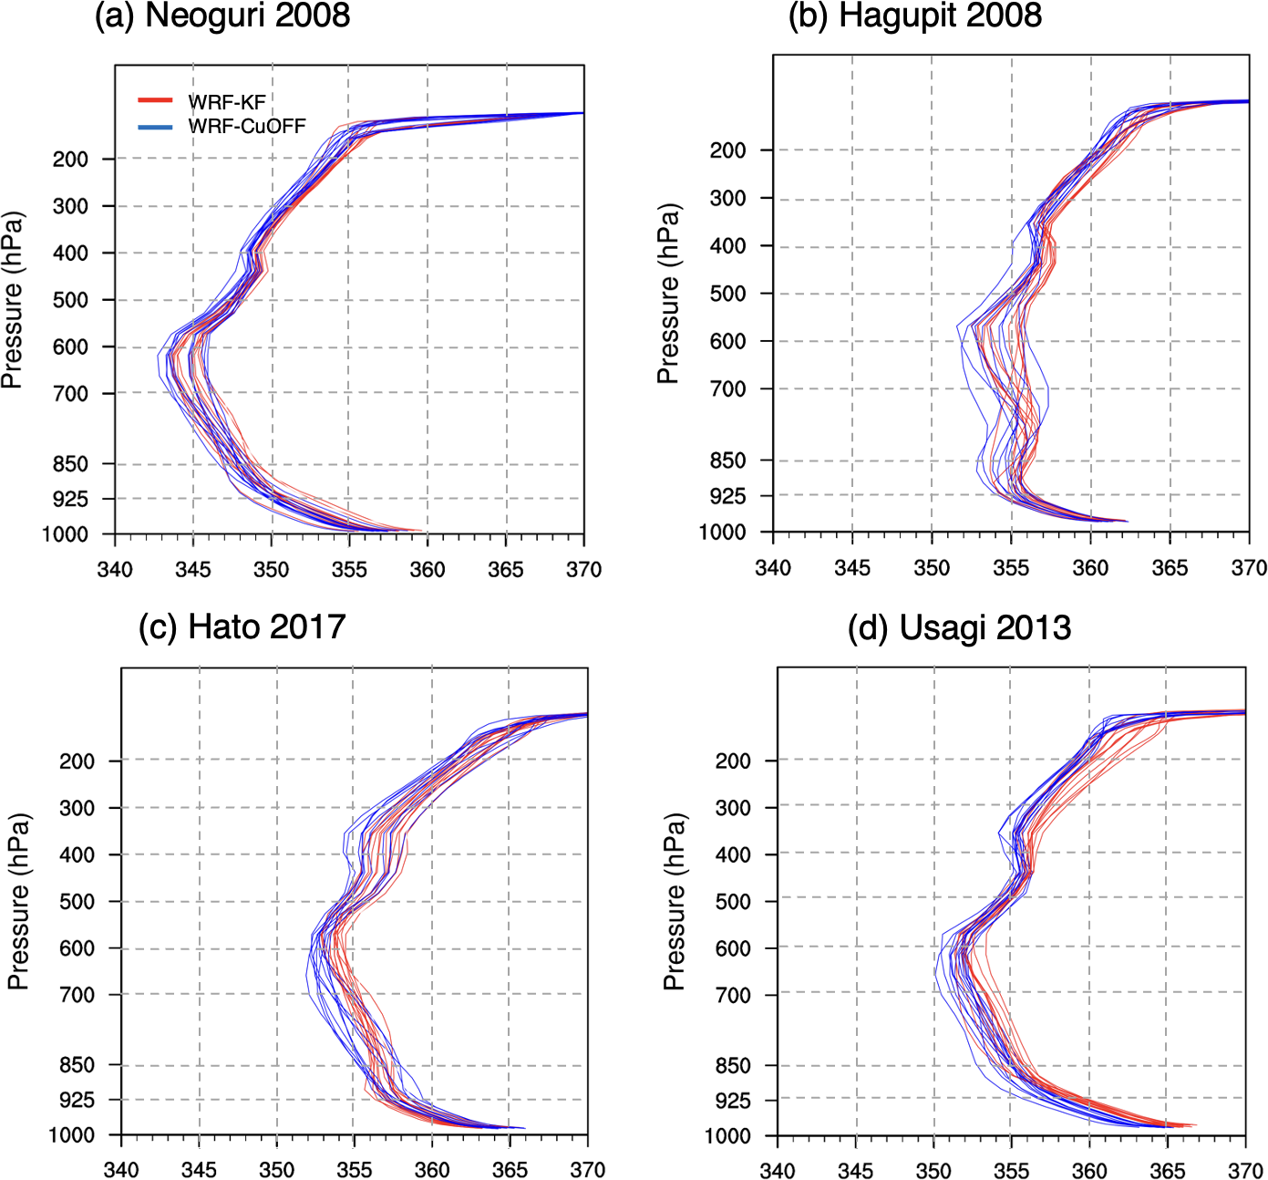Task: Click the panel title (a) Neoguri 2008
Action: [x=222, y=16]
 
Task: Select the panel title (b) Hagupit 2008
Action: [x=914, y=16]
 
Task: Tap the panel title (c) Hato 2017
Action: [x=242, y=627]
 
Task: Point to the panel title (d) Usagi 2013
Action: [x=959, y=627]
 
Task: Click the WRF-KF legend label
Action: [x=227, y=102]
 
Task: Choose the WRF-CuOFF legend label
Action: [x=247, y=126]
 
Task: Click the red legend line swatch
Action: [x=155, y=100]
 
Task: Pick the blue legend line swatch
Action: [x=155, y=126]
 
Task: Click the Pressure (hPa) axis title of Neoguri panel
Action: [x=13, y=301]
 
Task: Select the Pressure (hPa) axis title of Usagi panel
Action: [x=674, y=902]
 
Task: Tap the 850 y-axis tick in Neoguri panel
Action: [x=70, y=464]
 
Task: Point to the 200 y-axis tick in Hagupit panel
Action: [x=727, y=150]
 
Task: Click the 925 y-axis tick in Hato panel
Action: [x=77, y=1100]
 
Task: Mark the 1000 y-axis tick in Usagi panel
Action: [x=727, y=1136]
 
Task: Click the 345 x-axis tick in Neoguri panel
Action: [x=193, y=570]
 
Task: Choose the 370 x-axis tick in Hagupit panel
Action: [x=1249, y=568]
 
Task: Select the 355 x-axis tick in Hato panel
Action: [x=355, y=1170]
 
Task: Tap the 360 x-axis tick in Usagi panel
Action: [x=1089, y=1171]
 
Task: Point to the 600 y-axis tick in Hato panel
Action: [x=77, y=948]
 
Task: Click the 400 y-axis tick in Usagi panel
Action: [x=733, y=855]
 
